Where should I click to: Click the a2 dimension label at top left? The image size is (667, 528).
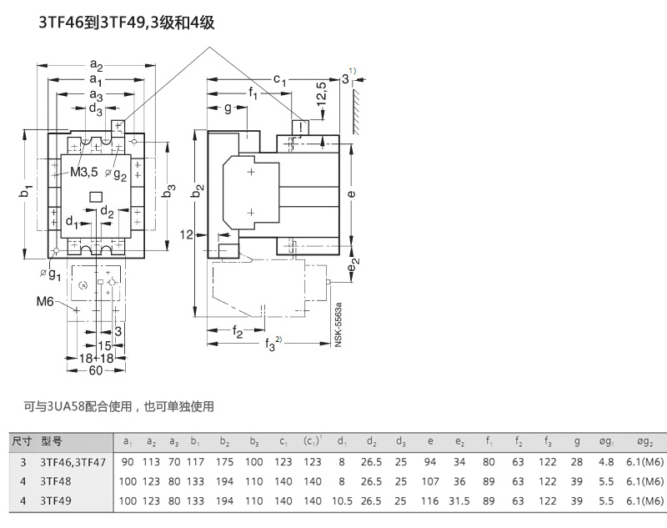pos(96,65)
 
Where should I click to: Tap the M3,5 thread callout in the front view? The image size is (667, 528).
pos(84,172)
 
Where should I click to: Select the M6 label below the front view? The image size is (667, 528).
pos(45,302)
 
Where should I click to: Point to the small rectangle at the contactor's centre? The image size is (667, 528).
pos(96,196)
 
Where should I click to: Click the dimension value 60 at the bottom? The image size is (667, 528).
pos(96,370)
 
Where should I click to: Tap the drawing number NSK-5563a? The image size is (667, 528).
pos(339,324)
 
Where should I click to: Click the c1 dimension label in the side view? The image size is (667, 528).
pos(279,79)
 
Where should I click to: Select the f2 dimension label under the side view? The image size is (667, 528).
pos(238,331)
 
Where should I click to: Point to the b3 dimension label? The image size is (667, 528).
pos(169,190)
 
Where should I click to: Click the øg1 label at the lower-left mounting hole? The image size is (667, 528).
pos(51,274)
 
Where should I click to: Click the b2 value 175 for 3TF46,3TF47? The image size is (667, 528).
pos(224,462)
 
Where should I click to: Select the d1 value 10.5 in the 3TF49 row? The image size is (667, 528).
pos(342,500)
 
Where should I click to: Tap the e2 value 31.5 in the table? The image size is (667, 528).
pos(459,500)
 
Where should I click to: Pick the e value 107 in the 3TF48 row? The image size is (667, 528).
pos(429,481)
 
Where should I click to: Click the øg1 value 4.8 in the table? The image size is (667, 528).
pos(606,462)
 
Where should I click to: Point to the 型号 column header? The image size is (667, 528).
pos(52,441)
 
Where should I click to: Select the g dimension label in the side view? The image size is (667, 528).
pos(228,108)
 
